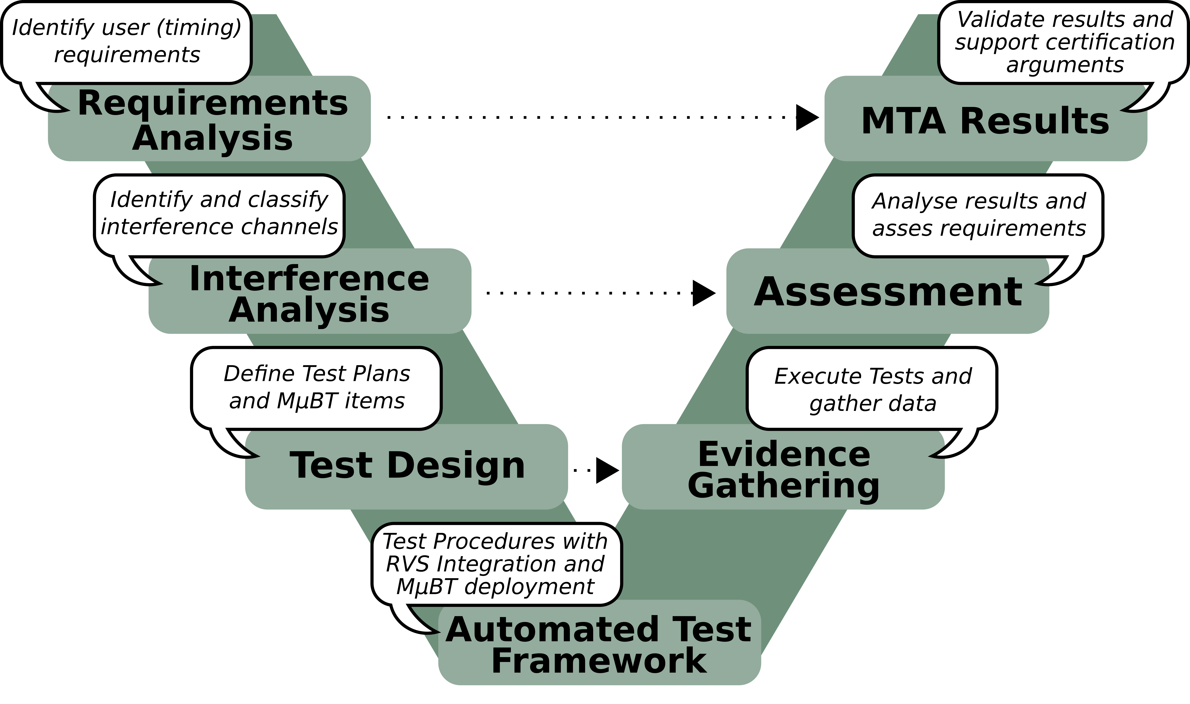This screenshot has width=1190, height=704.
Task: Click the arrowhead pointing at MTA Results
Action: (806, 117)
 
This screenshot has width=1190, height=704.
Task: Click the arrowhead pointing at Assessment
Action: (703, 293)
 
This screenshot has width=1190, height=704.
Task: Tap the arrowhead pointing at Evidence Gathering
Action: (607, 471)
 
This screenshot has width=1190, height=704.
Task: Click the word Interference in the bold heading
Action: (309, 279)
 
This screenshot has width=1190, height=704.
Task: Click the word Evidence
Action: (784, 454)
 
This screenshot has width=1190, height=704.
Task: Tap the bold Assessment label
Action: (888, 292)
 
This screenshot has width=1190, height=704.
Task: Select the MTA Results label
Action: (985, 122)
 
